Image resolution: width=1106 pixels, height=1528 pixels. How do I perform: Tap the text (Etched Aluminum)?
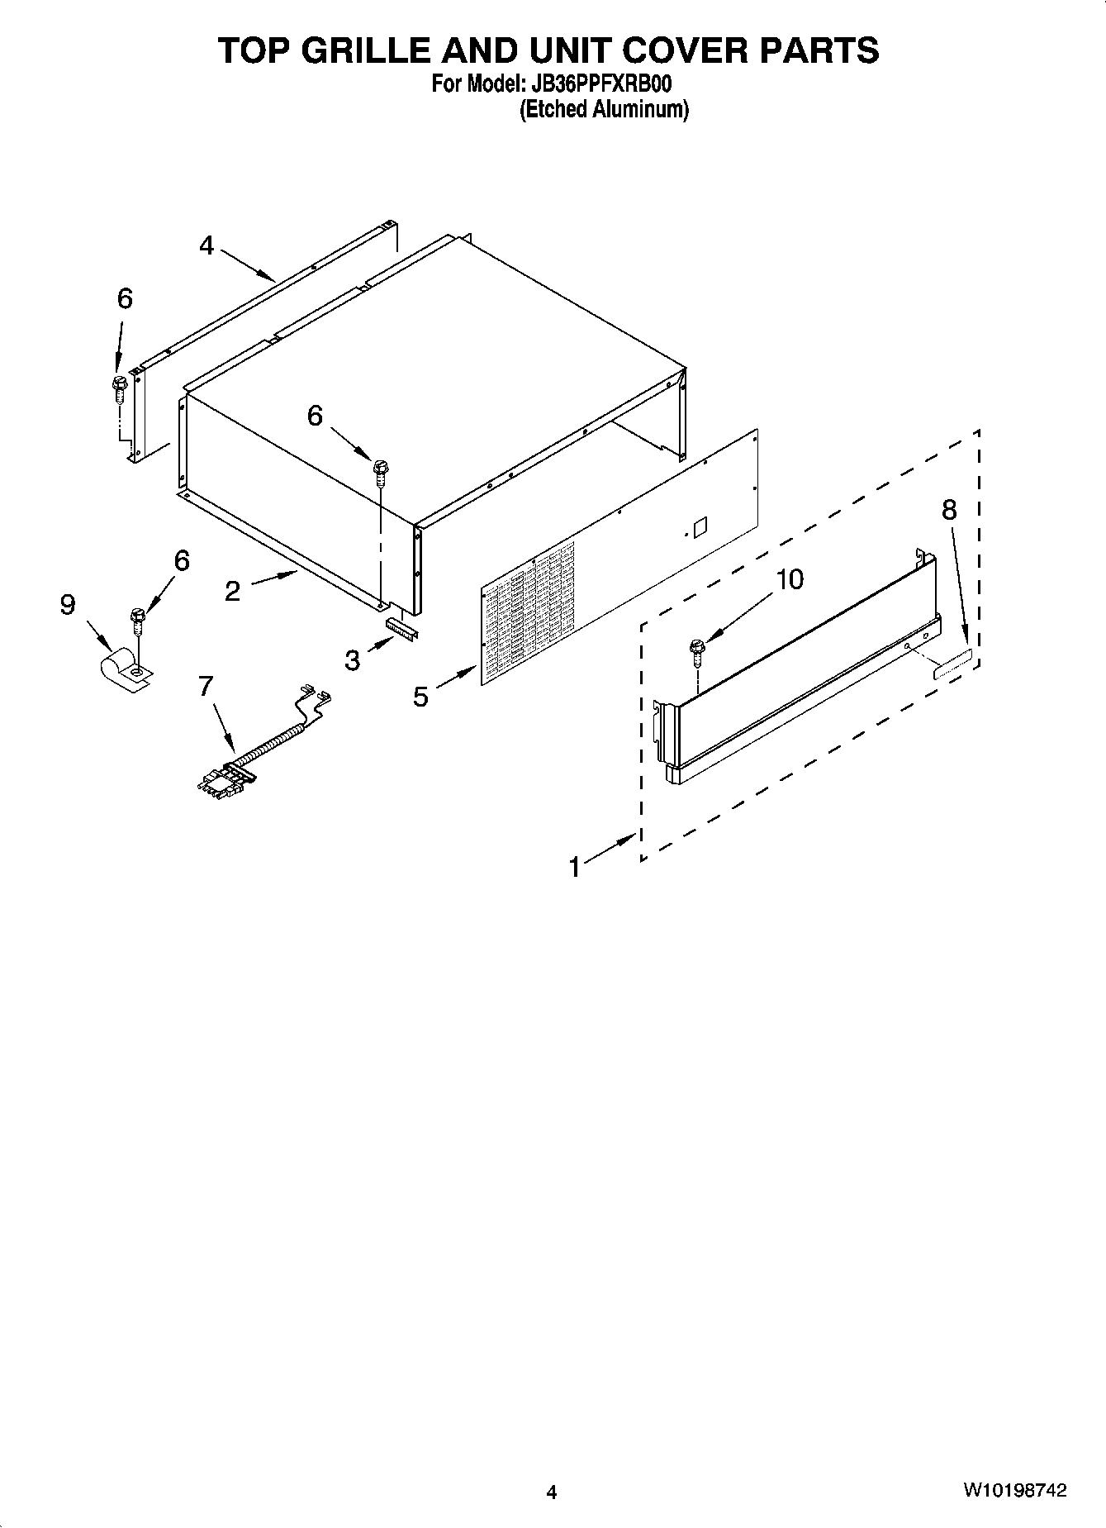click(604, 109)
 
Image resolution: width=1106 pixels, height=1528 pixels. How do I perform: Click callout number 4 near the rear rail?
click(206, 245)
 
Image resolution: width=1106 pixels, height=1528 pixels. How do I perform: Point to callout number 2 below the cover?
click(232, 591)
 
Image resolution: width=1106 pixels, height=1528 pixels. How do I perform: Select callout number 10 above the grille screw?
click(790, 579)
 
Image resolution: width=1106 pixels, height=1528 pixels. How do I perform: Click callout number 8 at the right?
click(949, 510)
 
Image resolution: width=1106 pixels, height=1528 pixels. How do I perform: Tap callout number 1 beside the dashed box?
click(575, 867)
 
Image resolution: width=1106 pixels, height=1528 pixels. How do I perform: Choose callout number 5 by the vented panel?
click(421, 697)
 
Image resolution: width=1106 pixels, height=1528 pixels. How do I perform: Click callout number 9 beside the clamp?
click(68, 605)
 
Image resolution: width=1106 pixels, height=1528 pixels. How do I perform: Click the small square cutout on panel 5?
click(700, 525)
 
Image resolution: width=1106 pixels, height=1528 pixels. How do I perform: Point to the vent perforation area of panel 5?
click(529, 607)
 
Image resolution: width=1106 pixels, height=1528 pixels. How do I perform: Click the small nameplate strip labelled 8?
click(952, 664)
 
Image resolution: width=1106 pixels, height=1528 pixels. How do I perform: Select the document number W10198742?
click(1013, 1491)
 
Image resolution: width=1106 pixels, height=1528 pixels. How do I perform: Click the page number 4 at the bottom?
click(552, 1492)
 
